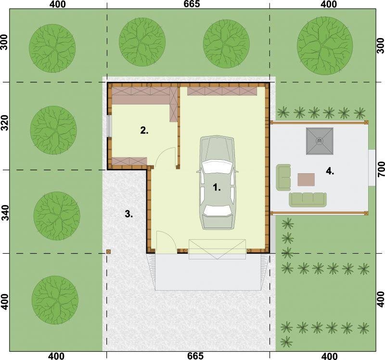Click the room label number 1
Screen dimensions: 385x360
pos(217,188)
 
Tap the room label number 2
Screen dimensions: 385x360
pos(144,130)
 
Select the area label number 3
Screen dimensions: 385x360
pos(129,214)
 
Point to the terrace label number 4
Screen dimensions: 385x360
pos(330,171)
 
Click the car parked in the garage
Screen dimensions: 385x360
pos(217,182)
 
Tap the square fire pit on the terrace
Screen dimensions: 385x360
pos(320,141)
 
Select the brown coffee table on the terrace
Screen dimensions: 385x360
pos(306,180)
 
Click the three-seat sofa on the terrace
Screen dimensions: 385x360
pos(308,199)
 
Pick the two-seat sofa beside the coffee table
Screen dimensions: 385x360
pos(283,177)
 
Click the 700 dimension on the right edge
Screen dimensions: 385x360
pos(381,169)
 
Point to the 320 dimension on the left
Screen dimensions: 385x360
pos(5,123)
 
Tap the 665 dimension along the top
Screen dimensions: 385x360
pos(192,4)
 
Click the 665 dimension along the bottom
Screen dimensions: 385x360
pos(195,356)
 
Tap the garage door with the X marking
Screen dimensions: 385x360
pos(217,249)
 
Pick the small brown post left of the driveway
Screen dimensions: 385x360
pos(109,251)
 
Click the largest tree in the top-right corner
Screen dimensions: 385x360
pos(324,46)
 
